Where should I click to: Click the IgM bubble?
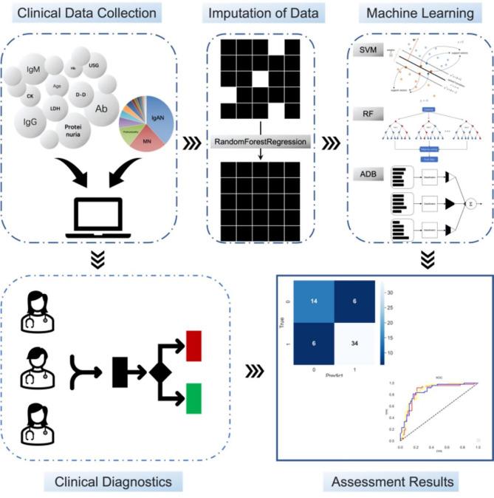(33, 73)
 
